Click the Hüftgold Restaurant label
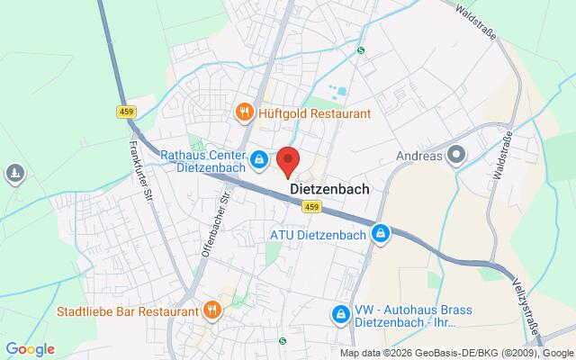[315, 113]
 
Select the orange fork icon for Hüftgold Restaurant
[243, 112]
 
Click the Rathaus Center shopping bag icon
[258, 160]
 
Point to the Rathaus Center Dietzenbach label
[203, 160]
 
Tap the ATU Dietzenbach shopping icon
[382, 235]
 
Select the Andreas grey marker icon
[456, 156]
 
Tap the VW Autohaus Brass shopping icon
[341, 314]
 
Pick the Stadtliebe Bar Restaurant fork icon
[211, 311]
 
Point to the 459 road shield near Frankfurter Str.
[126, 112]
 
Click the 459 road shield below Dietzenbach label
[310, 208]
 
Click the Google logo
[30, 349]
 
